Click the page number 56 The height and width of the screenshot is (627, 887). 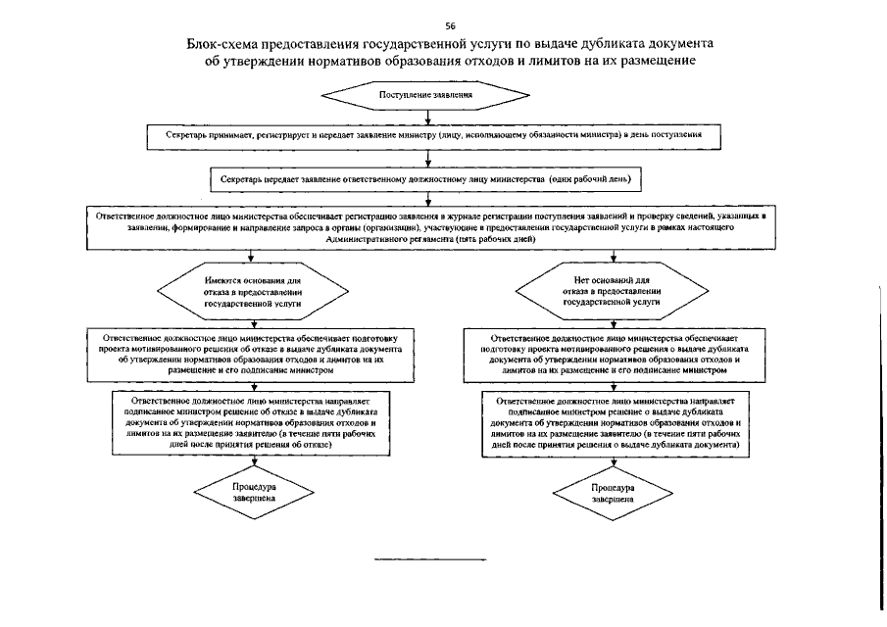point(449,24)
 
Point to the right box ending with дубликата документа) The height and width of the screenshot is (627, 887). point(613,422)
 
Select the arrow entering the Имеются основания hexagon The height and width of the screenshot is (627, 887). point(253,259)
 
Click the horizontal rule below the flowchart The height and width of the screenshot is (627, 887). point(431,559)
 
